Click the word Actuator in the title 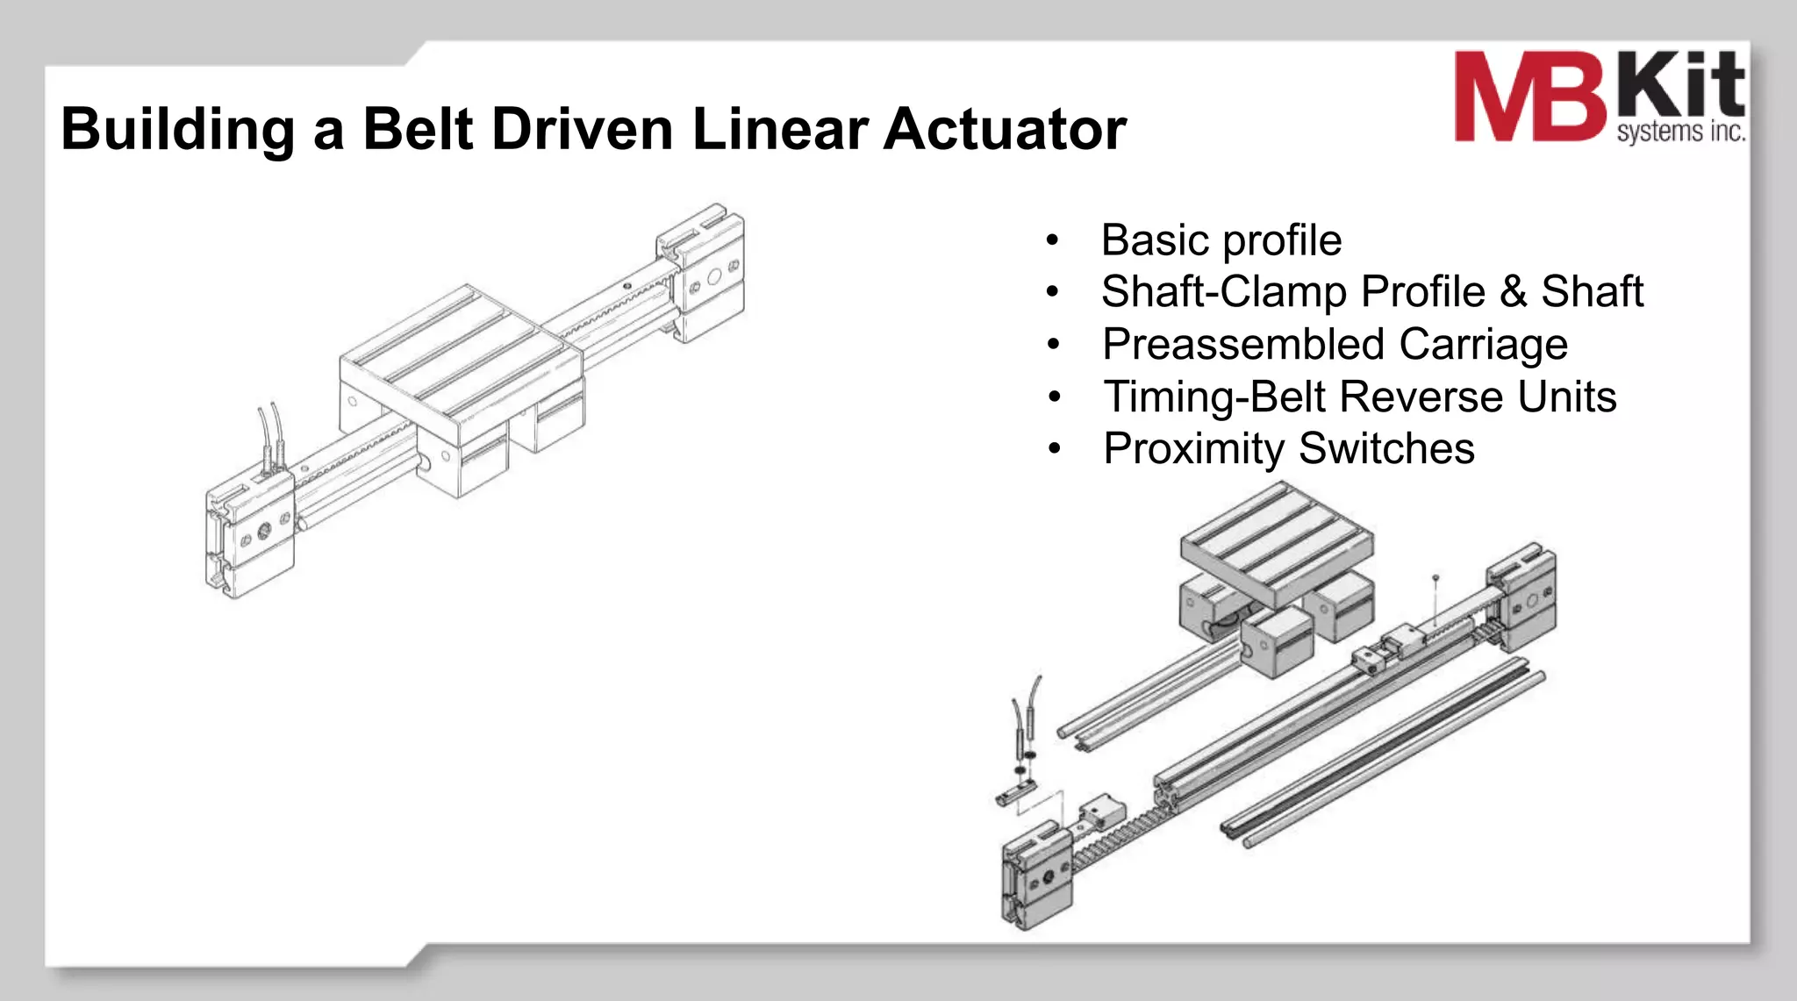click(1004, 130)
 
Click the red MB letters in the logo click(1529, 97)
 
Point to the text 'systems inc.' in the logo click(1680, 132)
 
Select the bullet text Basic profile click(1221, 240)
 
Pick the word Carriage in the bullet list click(1483, 344)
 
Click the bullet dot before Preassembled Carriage click(1054, 345)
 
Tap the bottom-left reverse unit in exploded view click(1037, 875)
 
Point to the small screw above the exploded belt click(1435, 579)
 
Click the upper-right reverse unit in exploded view click(1522, 597)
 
